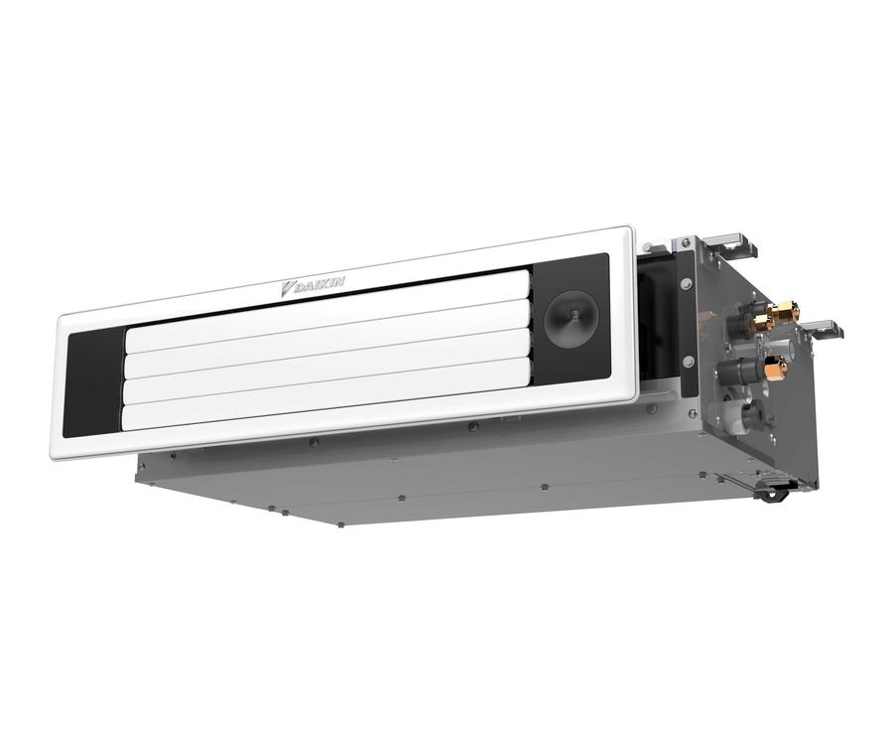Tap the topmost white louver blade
(x=327, y=311)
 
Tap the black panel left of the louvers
(x=94, y=382)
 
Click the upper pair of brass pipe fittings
(x=774, y=316)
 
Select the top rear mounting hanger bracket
(x=728, y=241)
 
